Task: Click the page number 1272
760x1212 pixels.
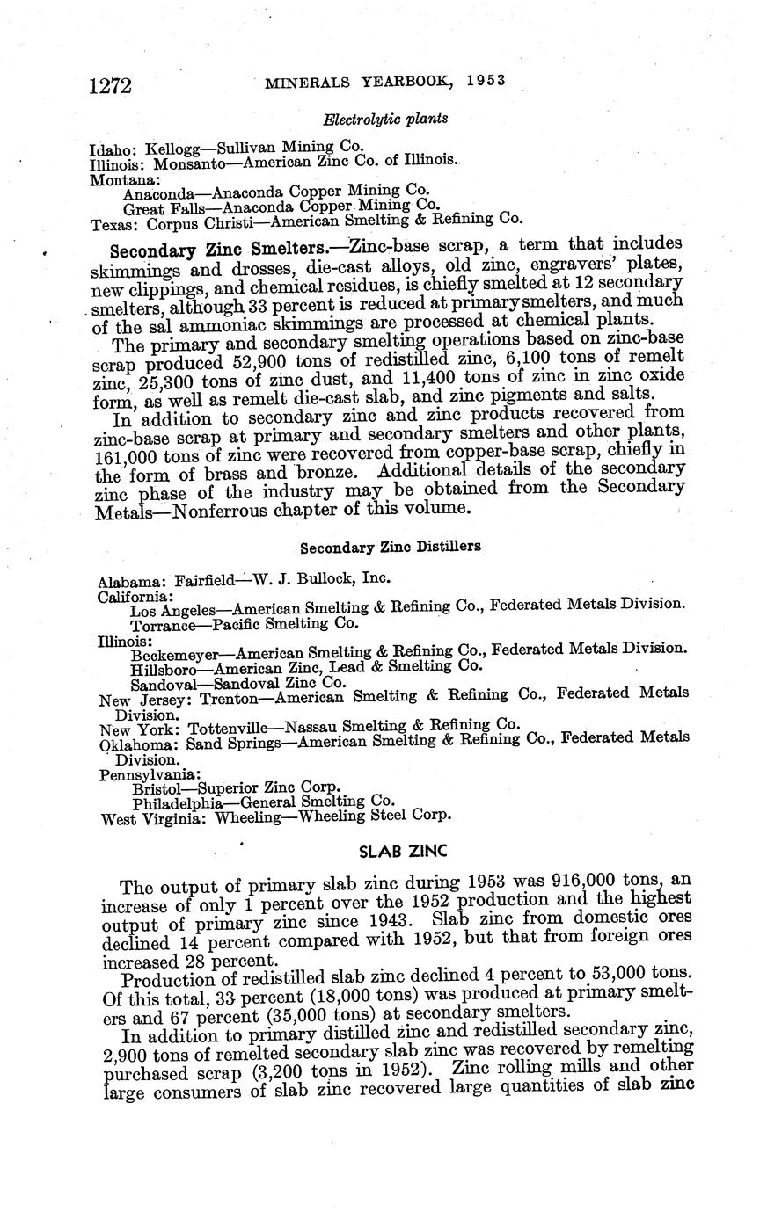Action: click(x=110, y=84)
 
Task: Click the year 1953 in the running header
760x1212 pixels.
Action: click(x=486, y=80)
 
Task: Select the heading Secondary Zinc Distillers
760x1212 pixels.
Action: click(x=391, y=547)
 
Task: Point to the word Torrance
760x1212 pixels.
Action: click(x=162, y=625)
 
